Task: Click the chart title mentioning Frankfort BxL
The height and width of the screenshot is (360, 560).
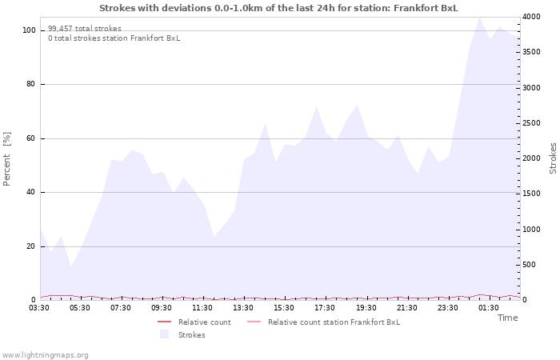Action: click(278, 8)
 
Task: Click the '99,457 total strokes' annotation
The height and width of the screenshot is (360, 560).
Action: click(85, 29)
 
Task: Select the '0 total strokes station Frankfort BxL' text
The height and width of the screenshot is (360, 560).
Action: click(114, 38)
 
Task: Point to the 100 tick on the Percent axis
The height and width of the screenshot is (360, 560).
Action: click(29, 30)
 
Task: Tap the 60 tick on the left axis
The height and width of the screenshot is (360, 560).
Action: click(30, 138)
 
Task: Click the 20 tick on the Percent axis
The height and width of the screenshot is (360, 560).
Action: click(30, 246)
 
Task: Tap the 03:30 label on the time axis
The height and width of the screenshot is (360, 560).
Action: click(40, 308)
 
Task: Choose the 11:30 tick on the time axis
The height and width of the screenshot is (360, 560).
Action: click(203, 308)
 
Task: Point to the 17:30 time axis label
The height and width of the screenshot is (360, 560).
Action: click(325, 308)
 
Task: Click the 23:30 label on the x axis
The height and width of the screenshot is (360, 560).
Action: click(447, 308)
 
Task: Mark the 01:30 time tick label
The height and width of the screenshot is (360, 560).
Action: click(488, 308)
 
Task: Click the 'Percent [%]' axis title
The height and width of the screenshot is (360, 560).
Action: click(7, 158)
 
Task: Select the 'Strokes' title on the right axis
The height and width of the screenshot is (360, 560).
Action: click(553, 158)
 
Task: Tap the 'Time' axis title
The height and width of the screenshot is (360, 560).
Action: click(507, 318)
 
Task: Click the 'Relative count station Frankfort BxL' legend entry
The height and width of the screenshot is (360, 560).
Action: click(334, 322)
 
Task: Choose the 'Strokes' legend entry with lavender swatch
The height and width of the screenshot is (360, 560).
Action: click(191, 335)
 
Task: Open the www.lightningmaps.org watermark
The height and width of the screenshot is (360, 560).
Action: click(45, 355)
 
